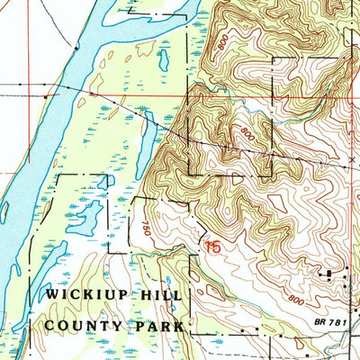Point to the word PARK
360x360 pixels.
pos(159,325)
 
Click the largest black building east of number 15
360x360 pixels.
pos(328,273)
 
